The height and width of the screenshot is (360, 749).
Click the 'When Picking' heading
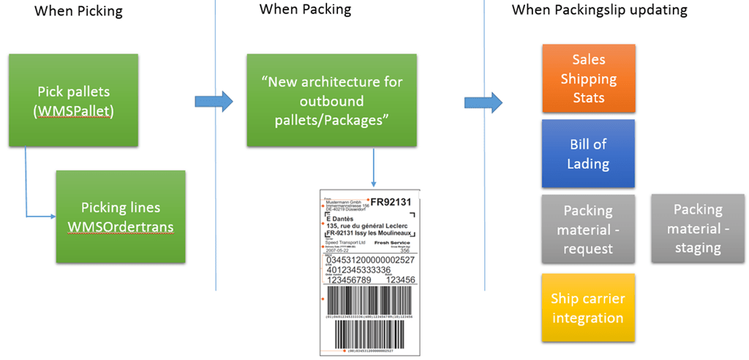coord(78,11)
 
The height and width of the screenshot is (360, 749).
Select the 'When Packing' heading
coord(305,10)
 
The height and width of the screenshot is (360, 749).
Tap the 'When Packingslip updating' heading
coord(599,10)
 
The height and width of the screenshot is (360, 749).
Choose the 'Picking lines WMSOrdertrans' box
coord(121,217)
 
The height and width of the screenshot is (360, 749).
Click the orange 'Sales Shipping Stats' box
coord(589,78)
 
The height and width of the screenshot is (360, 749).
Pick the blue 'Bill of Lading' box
coord(589,154)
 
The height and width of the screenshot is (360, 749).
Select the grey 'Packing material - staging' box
coord(698,229)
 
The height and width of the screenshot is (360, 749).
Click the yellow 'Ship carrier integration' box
coord(589,308)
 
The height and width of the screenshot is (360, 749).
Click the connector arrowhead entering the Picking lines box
coord(53,217)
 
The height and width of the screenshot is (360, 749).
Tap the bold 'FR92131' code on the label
coord(392,201)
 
